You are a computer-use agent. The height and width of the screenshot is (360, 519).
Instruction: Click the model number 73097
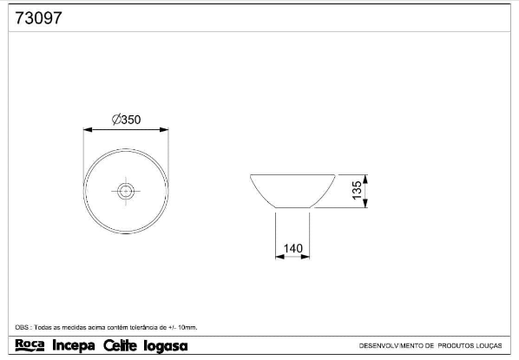38,18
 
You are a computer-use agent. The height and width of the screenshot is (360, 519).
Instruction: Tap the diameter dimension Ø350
126,120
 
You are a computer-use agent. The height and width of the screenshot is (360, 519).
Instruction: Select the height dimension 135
358,190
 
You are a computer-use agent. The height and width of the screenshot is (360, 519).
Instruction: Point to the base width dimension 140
293,248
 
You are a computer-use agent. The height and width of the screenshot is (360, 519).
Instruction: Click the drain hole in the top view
126,191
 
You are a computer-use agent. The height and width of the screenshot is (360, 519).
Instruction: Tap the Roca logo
30,345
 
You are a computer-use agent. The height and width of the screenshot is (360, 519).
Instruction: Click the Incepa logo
74,345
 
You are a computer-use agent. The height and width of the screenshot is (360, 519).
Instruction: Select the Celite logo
120,345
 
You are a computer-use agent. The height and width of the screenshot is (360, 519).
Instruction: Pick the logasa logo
166,346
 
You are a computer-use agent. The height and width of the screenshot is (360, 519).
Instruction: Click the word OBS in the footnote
22,327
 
